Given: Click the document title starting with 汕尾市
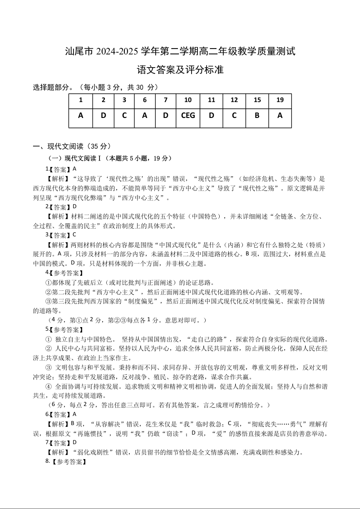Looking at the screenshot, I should (180, 51).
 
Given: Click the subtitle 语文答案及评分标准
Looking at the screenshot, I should (180, 70).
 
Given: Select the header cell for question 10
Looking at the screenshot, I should (188, 100).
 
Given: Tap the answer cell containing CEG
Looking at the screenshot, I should (188, 115).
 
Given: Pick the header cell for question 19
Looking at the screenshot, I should (280, 100).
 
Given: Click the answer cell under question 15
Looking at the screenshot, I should (257, 115).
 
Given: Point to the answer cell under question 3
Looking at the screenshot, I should (124, 115).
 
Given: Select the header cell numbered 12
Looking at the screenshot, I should (234, 100).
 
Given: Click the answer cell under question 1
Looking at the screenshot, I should (81, 115).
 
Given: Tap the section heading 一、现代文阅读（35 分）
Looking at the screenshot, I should (72, 146).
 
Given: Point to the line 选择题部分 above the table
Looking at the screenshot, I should (96, 87).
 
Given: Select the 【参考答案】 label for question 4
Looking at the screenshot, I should (67, 273).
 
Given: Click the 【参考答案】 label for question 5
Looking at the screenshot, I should (67, 329).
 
